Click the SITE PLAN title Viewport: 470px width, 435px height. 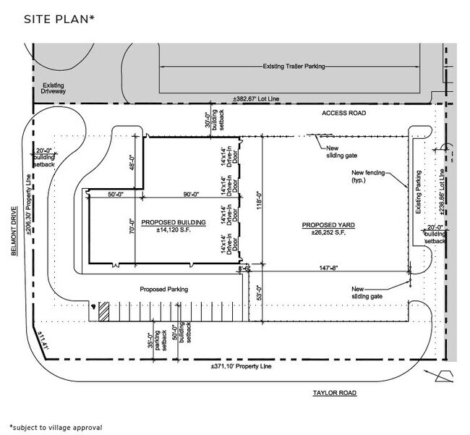tap(59, 19)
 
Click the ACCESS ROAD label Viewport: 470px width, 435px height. tap(344, 114)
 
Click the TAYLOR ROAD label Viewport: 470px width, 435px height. tap(335, 393)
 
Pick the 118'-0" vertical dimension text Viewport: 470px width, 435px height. tap(259, 203)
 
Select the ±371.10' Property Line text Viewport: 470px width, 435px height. tap(239, 368)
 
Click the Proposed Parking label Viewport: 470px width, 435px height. tap(164, 290)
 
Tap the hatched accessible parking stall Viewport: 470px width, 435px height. tap(104, 311)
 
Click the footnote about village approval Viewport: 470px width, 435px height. tap(55, 427)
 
